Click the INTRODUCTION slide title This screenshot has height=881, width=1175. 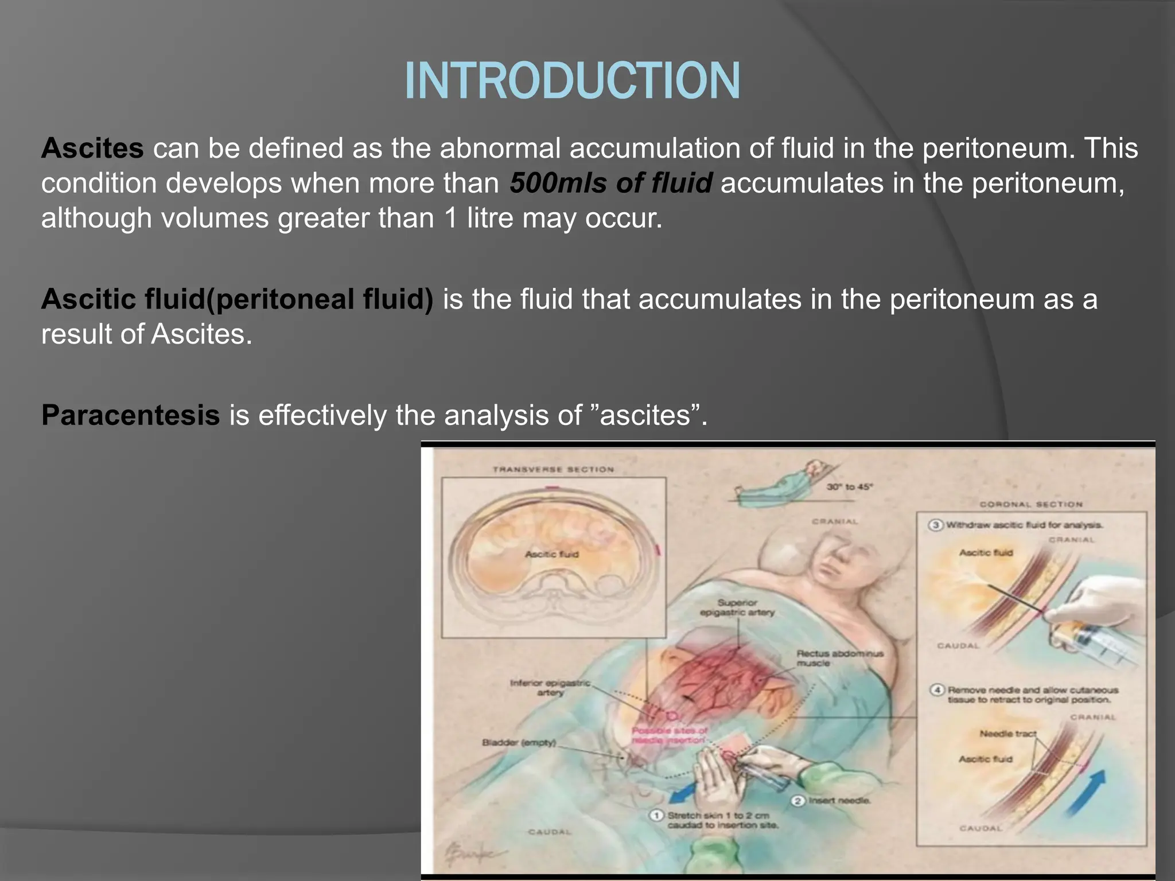click(x=572, y=81)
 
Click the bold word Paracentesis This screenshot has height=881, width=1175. click(x=130, y=415)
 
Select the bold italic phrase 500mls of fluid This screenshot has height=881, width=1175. click(x=611, y=183)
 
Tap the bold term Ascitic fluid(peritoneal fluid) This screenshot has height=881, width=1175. click(x=237, y=299)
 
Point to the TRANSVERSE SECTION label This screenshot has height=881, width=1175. click(x=553, y=469)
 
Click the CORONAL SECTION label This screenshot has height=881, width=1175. click(x=1030, y=504)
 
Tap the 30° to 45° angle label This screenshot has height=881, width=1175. click(x=849, y=487)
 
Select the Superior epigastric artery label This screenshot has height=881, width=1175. click(x=737, y=607)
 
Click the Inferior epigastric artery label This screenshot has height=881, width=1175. click(x=550, y=688)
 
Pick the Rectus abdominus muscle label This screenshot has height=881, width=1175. click(x=840, y=658)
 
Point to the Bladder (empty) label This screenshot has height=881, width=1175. click(x=519, y=743)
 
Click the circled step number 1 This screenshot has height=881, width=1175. click(x=656, y=815)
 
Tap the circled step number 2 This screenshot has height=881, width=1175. click(x=798, y=801)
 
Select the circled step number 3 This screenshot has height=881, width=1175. click(x=936, y=525)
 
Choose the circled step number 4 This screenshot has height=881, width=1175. click(x=937, y=689)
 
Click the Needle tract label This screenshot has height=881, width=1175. click(x=1007, y=734)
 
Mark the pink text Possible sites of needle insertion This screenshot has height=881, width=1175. click(x=669, y=735)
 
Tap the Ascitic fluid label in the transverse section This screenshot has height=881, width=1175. click(x=552, y=554)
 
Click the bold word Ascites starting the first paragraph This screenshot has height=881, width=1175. click(x=92, y=149)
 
